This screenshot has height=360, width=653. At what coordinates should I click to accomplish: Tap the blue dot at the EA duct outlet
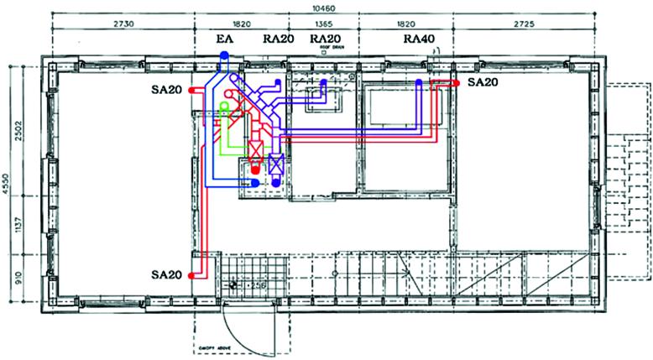224,54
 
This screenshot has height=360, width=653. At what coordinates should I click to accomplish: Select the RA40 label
419,39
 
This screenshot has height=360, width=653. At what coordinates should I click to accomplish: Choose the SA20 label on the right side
483,82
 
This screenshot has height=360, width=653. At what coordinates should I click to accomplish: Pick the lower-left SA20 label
168,275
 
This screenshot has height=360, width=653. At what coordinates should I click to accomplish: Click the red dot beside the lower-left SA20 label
193,275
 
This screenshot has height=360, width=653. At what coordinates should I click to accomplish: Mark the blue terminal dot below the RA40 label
419,82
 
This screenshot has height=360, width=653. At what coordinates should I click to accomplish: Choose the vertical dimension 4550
7,184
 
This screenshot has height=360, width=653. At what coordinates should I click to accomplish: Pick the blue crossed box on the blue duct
274,164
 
